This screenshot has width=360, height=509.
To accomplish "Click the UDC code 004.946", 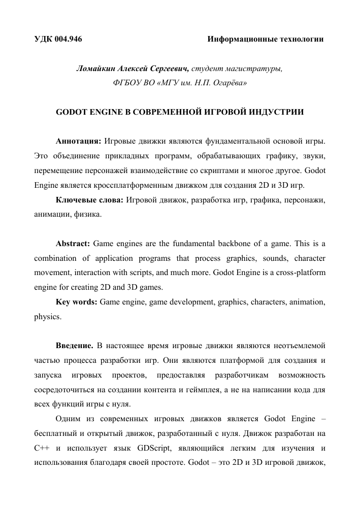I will pyautogui.click(x=68, y=39).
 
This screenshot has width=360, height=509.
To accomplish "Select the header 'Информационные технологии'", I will pyautogui.click(x=266, y=39).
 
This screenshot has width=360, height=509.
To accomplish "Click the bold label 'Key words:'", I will pyautogui.click(x=77, y=303).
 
